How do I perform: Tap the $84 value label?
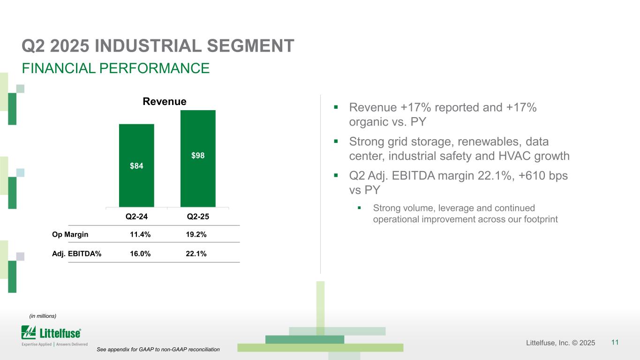136,165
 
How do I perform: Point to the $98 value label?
198,156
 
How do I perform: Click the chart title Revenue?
165,102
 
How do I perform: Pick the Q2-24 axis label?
136,217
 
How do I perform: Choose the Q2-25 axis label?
198,217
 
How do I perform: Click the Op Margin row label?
70,234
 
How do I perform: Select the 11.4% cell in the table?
140,234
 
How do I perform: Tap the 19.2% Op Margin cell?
196,234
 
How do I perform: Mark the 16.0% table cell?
140,254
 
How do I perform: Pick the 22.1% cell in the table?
196,254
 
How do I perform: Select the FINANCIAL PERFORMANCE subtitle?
116,68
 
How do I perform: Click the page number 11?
615,343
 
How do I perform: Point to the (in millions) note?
43,316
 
